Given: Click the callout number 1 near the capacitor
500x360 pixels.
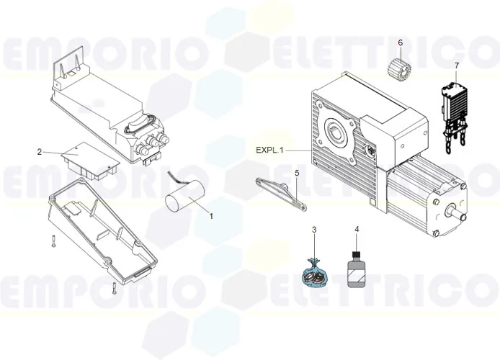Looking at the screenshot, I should (210, 215).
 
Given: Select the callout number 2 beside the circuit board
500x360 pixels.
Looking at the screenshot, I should (40, 152).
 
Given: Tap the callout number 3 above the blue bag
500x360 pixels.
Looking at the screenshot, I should (314, 230).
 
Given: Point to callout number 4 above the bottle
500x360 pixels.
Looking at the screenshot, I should (356, 230).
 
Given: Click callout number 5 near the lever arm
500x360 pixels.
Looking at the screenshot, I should (296, 174).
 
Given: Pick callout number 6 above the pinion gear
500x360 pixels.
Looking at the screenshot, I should (400, 42).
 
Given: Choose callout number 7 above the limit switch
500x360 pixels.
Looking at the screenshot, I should (456, 66).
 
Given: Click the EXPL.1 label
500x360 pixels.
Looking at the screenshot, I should (270, 150).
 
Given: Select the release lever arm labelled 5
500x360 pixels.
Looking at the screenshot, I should (280, 192).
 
